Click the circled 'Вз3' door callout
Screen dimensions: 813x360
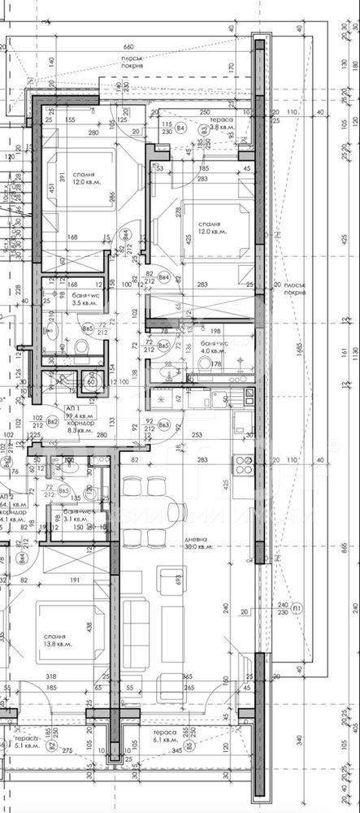(x=164, y=424)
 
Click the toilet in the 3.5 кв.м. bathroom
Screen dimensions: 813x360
(x=80, y=349)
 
